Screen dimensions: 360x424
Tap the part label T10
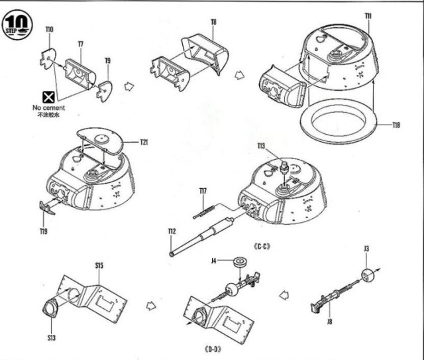click(x=50, y=29)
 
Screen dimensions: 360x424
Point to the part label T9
click(x=107, y=60)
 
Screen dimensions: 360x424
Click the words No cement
click(x=47, y=107)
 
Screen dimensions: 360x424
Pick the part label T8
click(x=213, y=22)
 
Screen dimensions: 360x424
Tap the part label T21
click(x=144, y=142)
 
